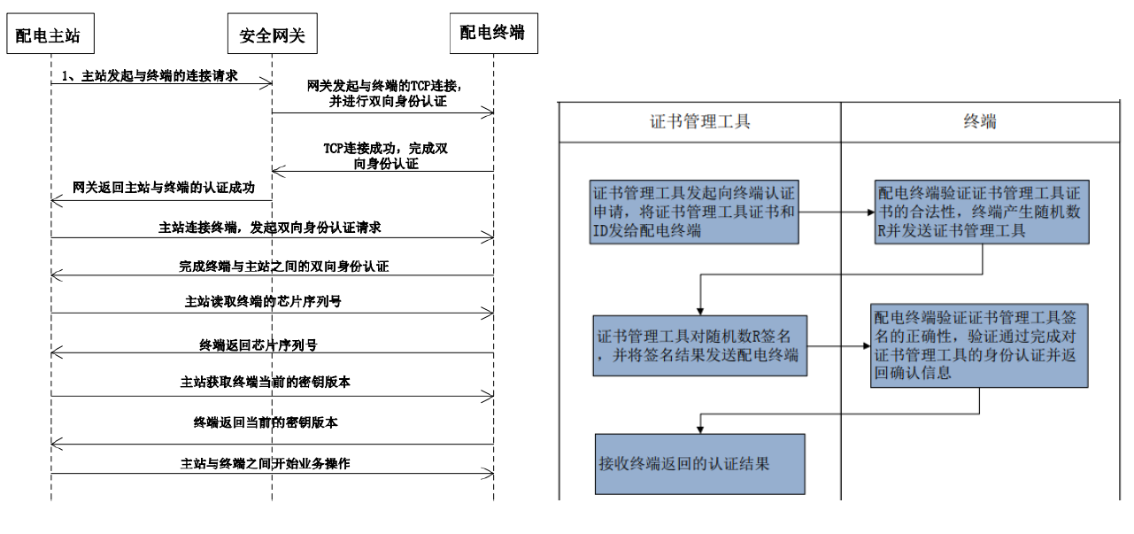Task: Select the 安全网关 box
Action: [272, 35]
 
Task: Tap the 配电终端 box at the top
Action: [492, 34]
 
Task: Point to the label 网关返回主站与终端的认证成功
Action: [164, 188]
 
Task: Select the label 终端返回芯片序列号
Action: [265, 344]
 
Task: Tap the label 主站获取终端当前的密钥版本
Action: [266, 382]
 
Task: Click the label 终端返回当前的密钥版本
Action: [266, 422]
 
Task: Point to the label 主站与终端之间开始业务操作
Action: [266, 462]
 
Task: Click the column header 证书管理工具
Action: [699, 122]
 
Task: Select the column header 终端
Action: [979, 122]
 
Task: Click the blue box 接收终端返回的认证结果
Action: [699, 463]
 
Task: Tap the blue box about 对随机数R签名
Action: [699, 345]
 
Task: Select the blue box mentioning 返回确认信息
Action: [978, 345]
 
